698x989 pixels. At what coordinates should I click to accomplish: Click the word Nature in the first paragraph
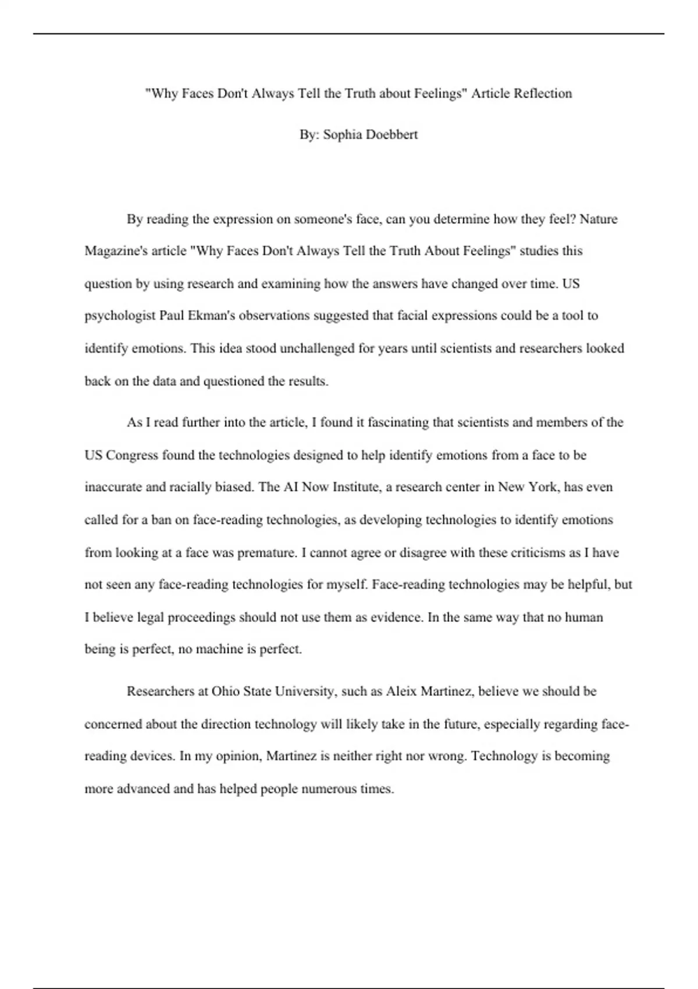pyautogui.click(x=599, y=219)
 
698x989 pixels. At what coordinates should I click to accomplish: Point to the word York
pyautogui.click(x=542, y=487)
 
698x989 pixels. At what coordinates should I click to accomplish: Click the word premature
pyautogui.click(x=266, y=553)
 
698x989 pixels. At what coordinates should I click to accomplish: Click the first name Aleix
pyautogui.click(x=401, y=692)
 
